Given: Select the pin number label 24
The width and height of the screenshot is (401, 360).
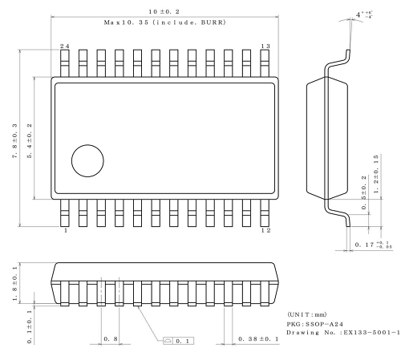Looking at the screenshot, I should [x=65, y=47].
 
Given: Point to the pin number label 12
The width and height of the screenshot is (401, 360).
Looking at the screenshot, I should [x=265, y=231].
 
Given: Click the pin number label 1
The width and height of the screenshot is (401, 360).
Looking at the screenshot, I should [x=65, y=231].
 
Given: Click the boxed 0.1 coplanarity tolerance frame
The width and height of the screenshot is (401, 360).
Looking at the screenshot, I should [x=177, y=340].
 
